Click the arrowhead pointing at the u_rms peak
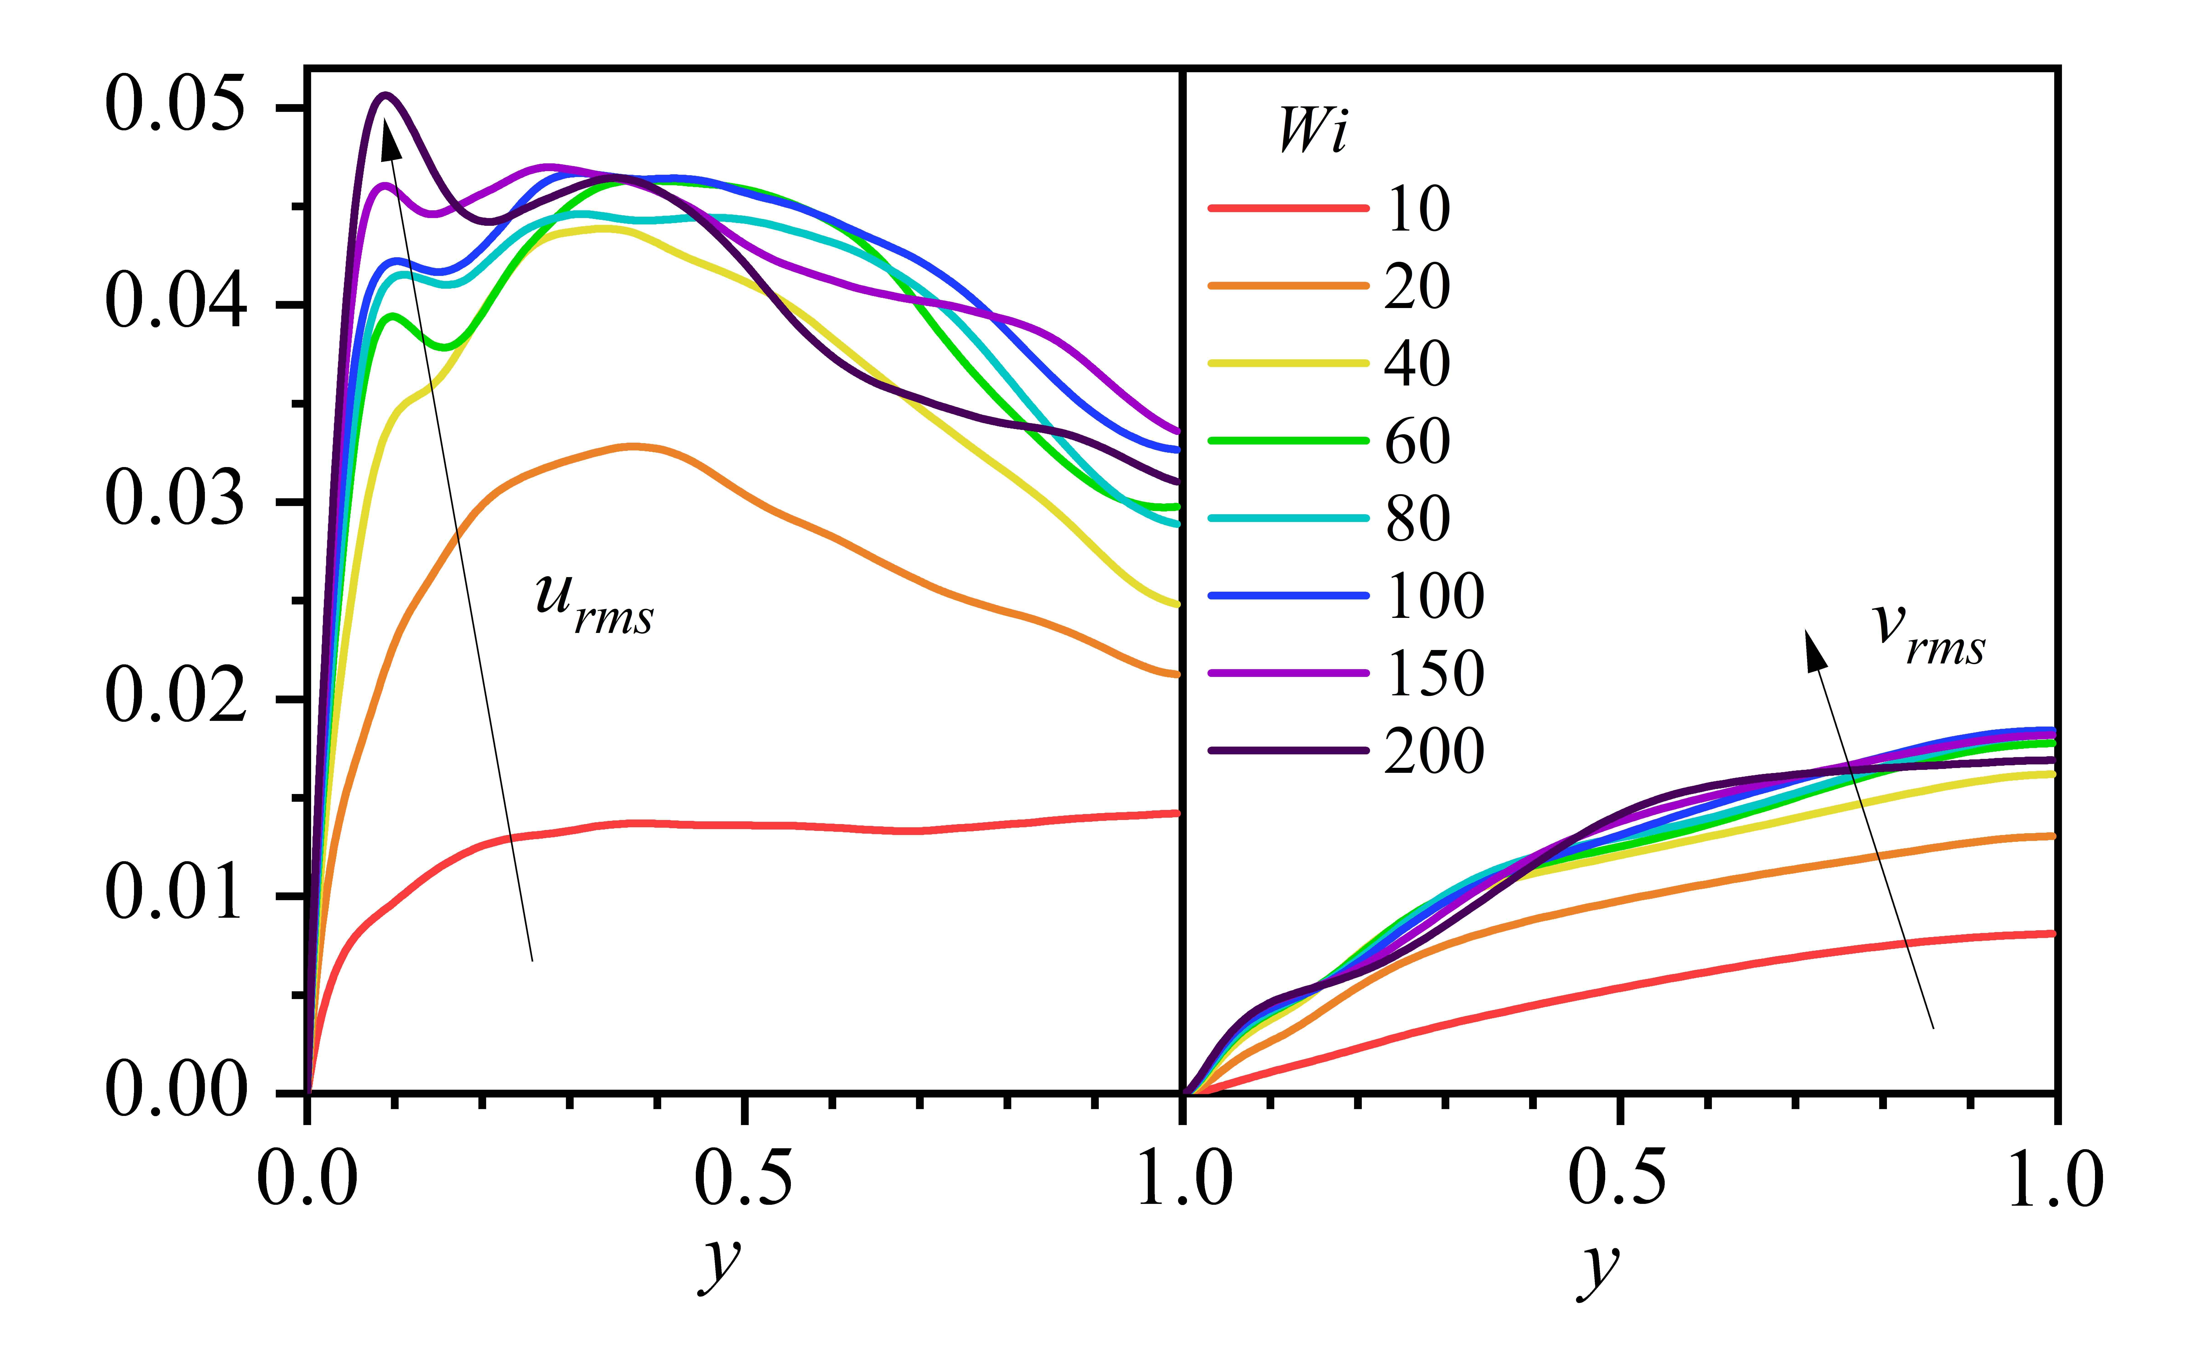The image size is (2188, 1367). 390,140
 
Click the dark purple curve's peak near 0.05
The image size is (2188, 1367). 386,95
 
